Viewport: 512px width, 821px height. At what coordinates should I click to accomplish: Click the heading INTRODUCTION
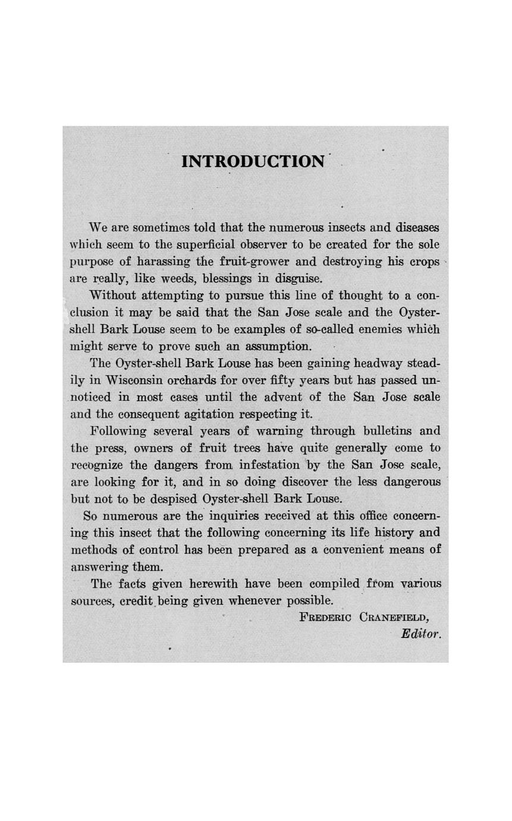(x=253, y=161)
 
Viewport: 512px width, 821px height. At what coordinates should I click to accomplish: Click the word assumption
(x=274, y=346)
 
